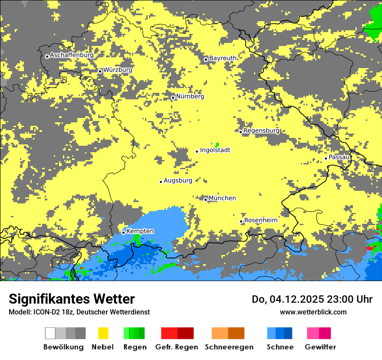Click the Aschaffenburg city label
[x=72, y=55]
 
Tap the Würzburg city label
[x=118, y=70]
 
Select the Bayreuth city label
[x=223, y=58]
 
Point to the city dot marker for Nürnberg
[x=173, y=98]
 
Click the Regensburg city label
[x=261, y=131]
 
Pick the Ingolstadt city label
[x=215, y=150]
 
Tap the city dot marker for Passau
[x=326, y=158]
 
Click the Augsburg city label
[x=178, y=180]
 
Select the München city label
[x=222, y=198]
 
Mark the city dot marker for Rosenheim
[x=241, y=221]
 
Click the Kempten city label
[x=140, y=231]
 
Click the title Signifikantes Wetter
[x=72, y=299]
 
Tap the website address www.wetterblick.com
[x=313, y=312]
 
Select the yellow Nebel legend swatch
[x=103, y=333]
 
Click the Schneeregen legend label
[x=229, y=347]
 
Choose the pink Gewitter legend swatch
[x=313, y=333]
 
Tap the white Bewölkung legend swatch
[x=50, y=333]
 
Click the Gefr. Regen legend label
[x=177, y=347]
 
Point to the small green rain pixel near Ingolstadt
[x=217, y=144]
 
